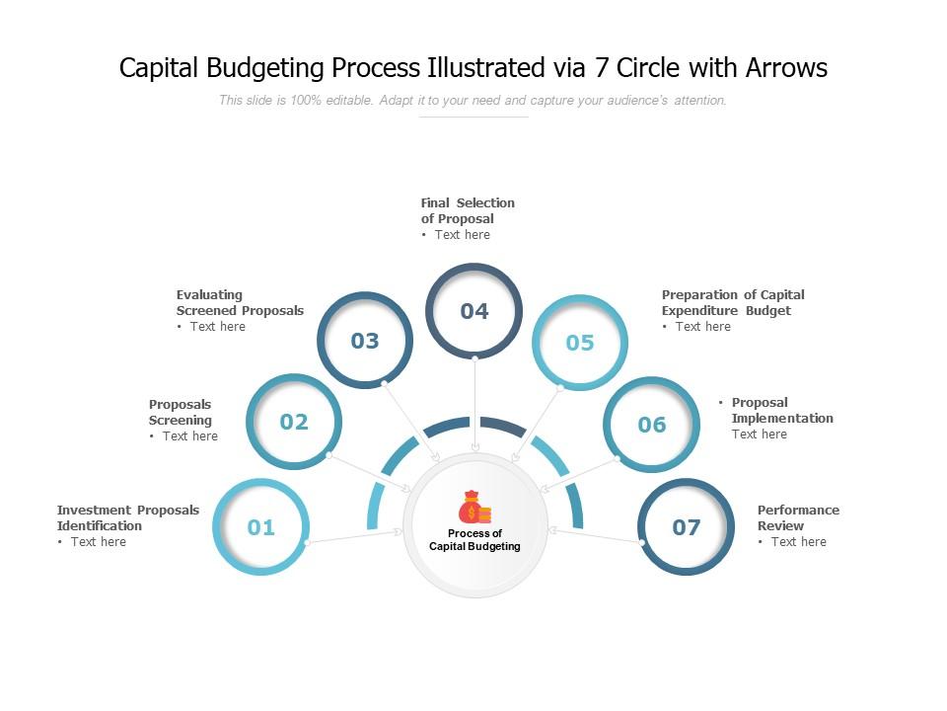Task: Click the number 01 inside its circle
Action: [x=261, y=527]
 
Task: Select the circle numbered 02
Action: [x=294, y=422]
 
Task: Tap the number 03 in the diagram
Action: [x=365, y=341]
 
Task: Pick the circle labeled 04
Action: [x=474, y=311]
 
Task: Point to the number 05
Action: [x=580, y=343]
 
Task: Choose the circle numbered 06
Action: [x=652, y=425]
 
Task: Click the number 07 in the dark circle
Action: [x=687, y=527]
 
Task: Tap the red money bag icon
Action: [x=473, y=509]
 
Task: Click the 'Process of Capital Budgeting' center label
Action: [x=474, y=540]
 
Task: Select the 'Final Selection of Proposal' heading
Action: [x=468, y=210]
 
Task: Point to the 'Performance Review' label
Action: [x=798, y=517]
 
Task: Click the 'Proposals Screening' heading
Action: [x=181, y=412]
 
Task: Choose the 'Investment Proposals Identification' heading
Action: [x=128, y=517]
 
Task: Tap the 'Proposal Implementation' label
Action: [x=782, y=410]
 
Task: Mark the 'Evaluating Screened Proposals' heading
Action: [x=240, y=302]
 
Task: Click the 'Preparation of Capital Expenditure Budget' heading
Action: [x=733, y=302]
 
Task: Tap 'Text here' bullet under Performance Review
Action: [x=798, y=542]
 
